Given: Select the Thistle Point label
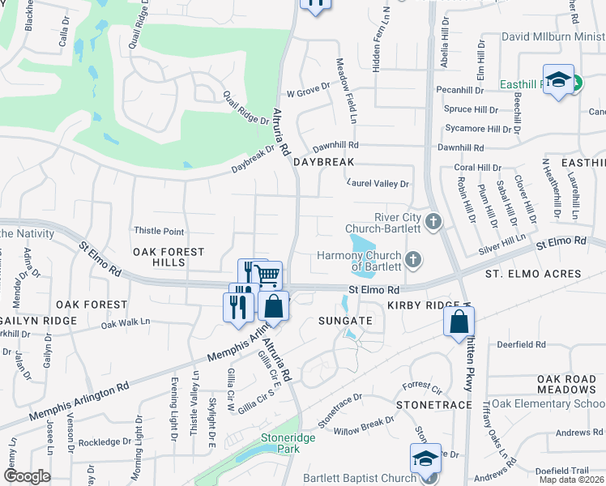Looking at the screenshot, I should pos(158,232).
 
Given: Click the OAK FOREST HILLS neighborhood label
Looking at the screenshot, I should pos(169,258).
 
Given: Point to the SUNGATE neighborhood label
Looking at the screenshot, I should pos(345,321).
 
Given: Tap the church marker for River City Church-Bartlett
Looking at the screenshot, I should pos(433,221).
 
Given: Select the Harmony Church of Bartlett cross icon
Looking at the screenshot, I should pos(413,259).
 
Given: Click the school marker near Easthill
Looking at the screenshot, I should pos(558,79).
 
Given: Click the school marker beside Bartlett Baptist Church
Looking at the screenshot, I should pos(425,458).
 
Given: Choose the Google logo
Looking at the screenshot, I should pos(27,475).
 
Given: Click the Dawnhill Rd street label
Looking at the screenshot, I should pos(459,147).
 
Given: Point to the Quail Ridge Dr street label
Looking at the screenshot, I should pos(246,108).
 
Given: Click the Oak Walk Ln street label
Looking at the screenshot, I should pos(126,322).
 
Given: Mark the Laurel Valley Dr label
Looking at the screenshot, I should pos(378,184).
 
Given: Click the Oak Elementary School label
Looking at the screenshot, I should pos(547,403).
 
